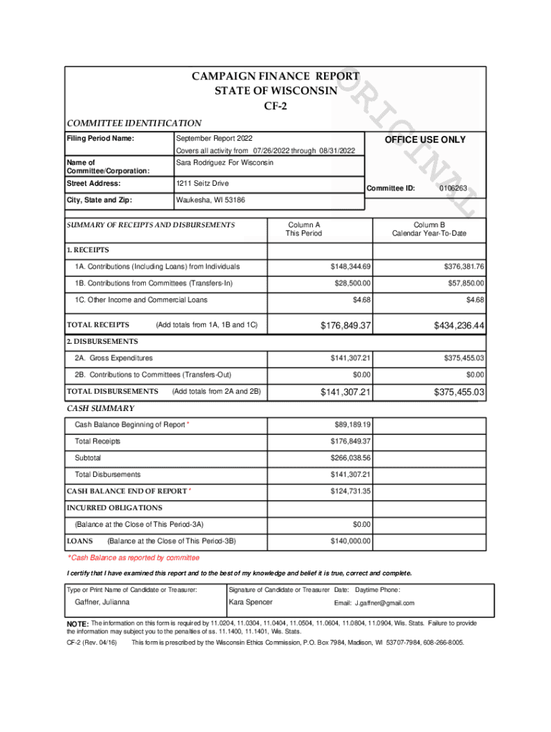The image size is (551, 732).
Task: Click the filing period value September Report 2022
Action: tap(214, 138)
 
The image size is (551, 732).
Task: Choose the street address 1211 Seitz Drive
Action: tap(203, 184)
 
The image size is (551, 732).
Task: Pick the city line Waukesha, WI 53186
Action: tap(210, 200)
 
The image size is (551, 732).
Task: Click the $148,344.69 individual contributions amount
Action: tap(350, 267)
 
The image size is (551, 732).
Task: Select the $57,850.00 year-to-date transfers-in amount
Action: tap(462, 284)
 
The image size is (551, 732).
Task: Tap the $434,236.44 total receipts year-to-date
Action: tap(459, 326)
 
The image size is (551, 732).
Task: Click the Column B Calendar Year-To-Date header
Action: tap(429, 229)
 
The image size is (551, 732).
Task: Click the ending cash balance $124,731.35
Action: tap(350, 491)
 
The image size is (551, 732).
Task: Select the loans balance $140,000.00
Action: tap(350, 541)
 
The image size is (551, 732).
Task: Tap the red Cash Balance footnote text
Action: tap(133, 558)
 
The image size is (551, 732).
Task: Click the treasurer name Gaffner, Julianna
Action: tap(102, 602)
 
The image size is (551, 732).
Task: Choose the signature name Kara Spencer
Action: tap(250, 602)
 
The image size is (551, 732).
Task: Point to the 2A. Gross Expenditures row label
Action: tap(113, 357)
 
